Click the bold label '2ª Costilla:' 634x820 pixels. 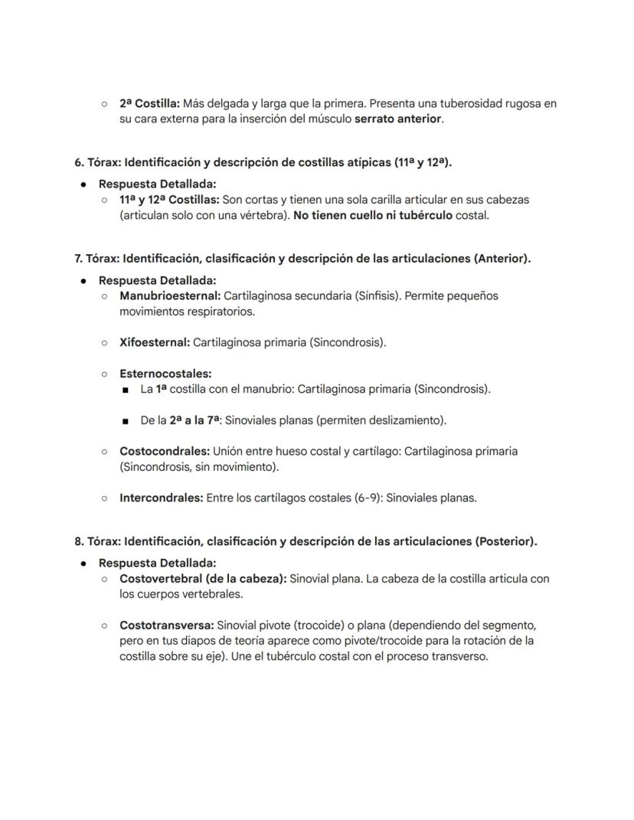149,103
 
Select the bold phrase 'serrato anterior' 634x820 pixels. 398,119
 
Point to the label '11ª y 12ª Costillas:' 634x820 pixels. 169,200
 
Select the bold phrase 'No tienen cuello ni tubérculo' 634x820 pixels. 372,215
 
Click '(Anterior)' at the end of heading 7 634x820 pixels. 502,259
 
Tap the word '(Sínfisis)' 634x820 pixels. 372,296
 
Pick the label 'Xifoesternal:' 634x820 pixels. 154,342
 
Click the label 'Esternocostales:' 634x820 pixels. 165,374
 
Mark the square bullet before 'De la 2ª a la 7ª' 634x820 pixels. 125,421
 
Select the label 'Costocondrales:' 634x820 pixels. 165,452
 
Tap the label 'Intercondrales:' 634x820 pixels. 162,498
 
